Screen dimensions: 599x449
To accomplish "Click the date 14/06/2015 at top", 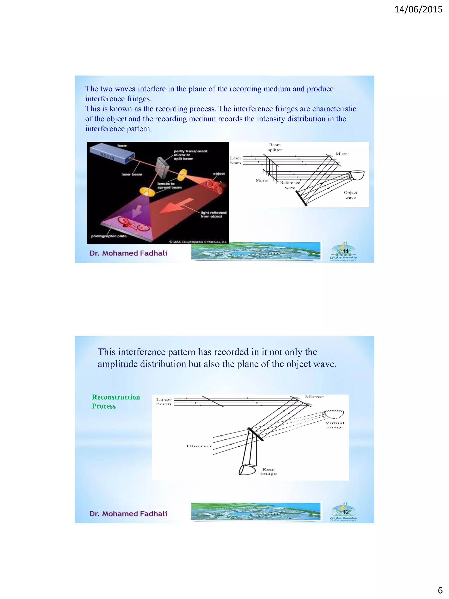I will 418,9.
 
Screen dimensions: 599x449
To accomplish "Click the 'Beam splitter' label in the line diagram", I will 275,147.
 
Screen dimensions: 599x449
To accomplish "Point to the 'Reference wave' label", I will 290,185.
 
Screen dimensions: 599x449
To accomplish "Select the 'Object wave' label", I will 350,195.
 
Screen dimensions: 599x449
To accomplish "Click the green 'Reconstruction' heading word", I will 116,397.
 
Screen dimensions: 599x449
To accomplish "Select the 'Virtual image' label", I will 335,425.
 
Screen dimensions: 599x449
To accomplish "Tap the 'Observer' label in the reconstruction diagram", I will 199,446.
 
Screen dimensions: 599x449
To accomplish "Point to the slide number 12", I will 346,512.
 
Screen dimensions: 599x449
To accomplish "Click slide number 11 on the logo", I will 346,251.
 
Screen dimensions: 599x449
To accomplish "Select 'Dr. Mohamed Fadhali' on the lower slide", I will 128,513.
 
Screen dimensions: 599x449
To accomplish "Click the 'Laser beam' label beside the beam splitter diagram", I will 235,160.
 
